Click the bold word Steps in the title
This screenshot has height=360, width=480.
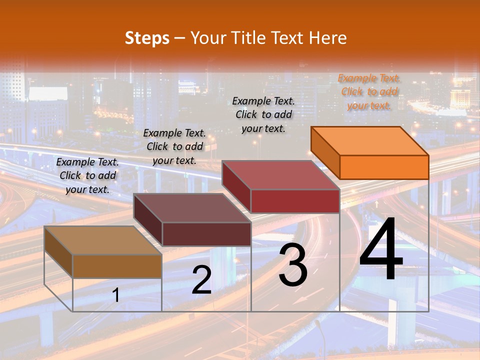[147, 38]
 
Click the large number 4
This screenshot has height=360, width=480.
[381, 250]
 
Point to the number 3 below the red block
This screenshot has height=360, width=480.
[293, 265]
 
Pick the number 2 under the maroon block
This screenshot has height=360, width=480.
[201, 280]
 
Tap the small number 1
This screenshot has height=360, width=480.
[116, 295]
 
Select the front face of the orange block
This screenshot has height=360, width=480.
[384, 167]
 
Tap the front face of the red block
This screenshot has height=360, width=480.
[295, 201]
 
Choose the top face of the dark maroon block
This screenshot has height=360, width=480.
[192, 208]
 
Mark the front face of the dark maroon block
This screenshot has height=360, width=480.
[206, 234]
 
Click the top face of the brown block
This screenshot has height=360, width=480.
[103, 240]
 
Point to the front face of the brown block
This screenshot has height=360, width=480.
[117, 266]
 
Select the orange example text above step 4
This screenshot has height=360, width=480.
[368, 91]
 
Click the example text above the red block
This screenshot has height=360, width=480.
[263, 114]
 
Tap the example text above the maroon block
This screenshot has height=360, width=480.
[174, 146]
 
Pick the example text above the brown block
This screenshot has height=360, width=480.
[87, 175]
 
